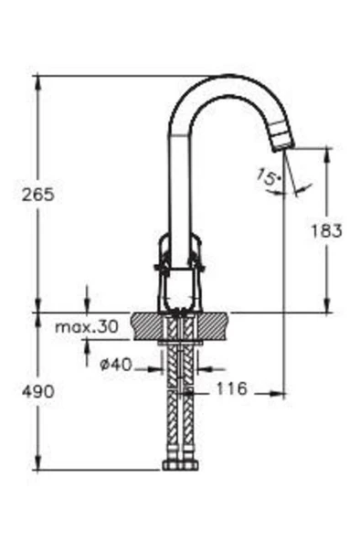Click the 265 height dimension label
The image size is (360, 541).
(x=38, y=195)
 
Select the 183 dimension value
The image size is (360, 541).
(x=326, y=230)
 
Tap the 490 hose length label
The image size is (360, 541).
(x=38, y=391)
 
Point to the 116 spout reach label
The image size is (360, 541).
(x=232, y=388)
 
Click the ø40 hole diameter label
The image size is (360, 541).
(x=116, y=365)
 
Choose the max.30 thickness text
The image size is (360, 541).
(x=87, y=326)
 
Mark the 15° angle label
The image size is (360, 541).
(x=270, y=177)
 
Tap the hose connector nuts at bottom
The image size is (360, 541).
(x=180, y=465)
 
